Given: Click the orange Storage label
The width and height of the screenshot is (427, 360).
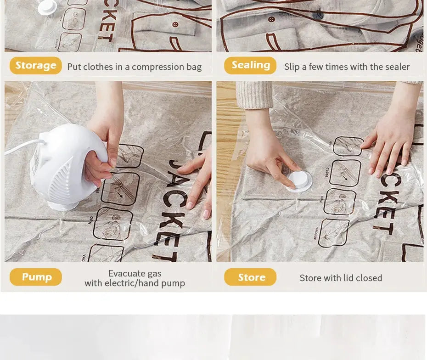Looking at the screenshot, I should (35, 66).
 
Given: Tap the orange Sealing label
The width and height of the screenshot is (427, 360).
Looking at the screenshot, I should (250, 66).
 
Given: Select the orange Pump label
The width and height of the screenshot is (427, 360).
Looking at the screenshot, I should (36, 277).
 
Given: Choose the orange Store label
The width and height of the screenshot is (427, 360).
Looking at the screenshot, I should (250, 277).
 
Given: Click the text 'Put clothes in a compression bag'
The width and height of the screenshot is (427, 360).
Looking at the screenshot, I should (134, 67).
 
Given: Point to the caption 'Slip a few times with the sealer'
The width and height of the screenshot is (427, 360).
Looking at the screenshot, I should (347, 67).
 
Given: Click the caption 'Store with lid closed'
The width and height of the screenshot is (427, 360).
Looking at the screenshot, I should (341, 278).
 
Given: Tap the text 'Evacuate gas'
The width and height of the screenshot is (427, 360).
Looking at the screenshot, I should (135, 274).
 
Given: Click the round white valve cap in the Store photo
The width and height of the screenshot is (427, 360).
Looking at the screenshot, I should (300, 180).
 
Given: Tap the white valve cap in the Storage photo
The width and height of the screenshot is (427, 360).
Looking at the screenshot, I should (47, 6).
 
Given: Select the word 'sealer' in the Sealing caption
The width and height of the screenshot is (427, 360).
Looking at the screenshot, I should (397, 67).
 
